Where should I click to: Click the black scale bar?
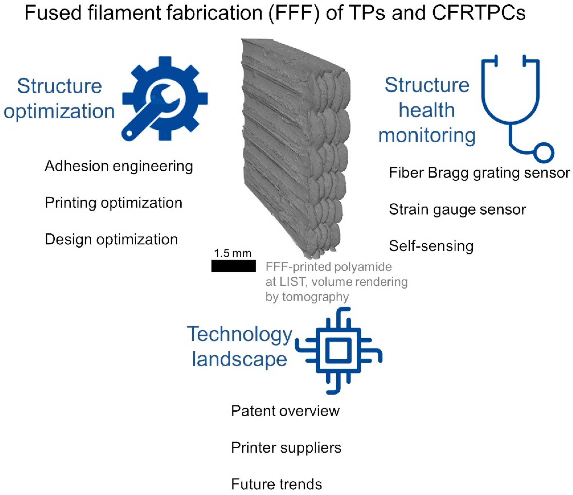click(234, 266)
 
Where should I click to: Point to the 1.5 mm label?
click(233, 253)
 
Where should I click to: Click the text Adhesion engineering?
click(119, 166)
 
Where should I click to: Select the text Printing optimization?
click(113, 203)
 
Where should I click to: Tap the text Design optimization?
click(111, 239)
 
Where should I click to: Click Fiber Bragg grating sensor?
click(479, 173)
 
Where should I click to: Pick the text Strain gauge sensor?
click(457, 209)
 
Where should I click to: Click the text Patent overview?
click(285, 411)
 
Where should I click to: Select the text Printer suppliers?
click(286, 448)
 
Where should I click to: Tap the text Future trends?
click(277, 484)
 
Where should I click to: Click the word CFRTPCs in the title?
click(479, 13)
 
